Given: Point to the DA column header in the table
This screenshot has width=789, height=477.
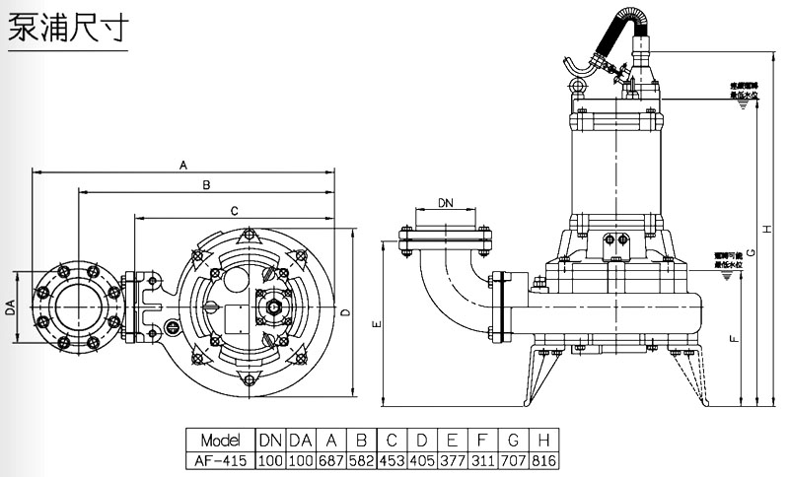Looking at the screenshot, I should pyautogui.click(x=301, y=440).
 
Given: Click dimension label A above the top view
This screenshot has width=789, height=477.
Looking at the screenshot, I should pyautogui.click(x=183, y=166).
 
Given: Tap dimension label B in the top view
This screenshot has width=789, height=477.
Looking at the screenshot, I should pyautogui.click(x=205, y=185).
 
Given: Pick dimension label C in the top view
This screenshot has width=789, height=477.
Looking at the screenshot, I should pyautogui.click(x=234, y=211).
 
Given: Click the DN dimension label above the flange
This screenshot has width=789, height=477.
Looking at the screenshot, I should pyautogui.click(x=446, y=203).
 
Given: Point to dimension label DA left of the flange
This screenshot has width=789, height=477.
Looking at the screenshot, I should pyautogui.click(x=10, y=309).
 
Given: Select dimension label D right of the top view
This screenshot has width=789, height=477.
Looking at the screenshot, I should pyautogui.click(x=344, y=313).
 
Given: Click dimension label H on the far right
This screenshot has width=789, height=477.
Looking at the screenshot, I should pyautogui.click(x=767, y=230).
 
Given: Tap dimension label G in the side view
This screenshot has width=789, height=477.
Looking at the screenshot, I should pyautogui.click(x=752, y=253).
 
